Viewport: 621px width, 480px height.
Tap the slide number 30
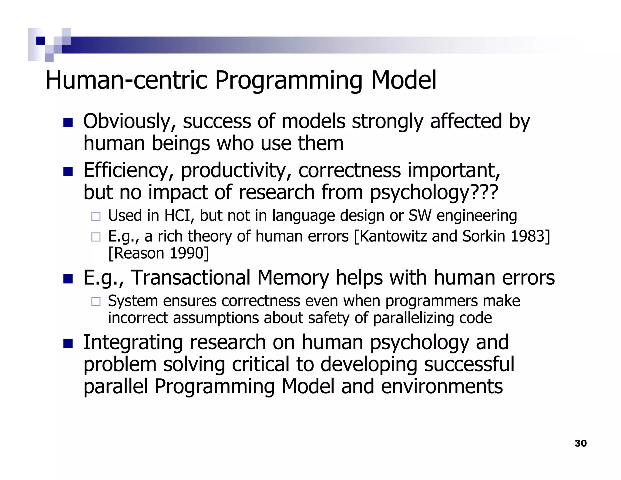click(x=580, y=443)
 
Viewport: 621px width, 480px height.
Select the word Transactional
click(x=191, y=278)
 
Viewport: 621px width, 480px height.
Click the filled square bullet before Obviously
click(x=68, y=123)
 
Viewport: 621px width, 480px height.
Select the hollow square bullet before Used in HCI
click(x=96, y=216)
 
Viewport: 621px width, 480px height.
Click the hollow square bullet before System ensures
click(x=96, y=302)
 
